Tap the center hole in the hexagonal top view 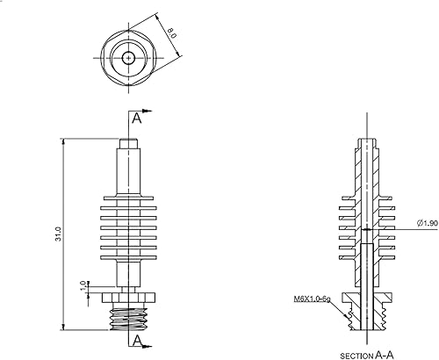(130, 58)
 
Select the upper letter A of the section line (136, 118)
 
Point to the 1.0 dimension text (83, 286)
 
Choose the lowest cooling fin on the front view (130, 258)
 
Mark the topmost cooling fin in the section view (370, 198)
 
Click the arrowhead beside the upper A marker (149, 112)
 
